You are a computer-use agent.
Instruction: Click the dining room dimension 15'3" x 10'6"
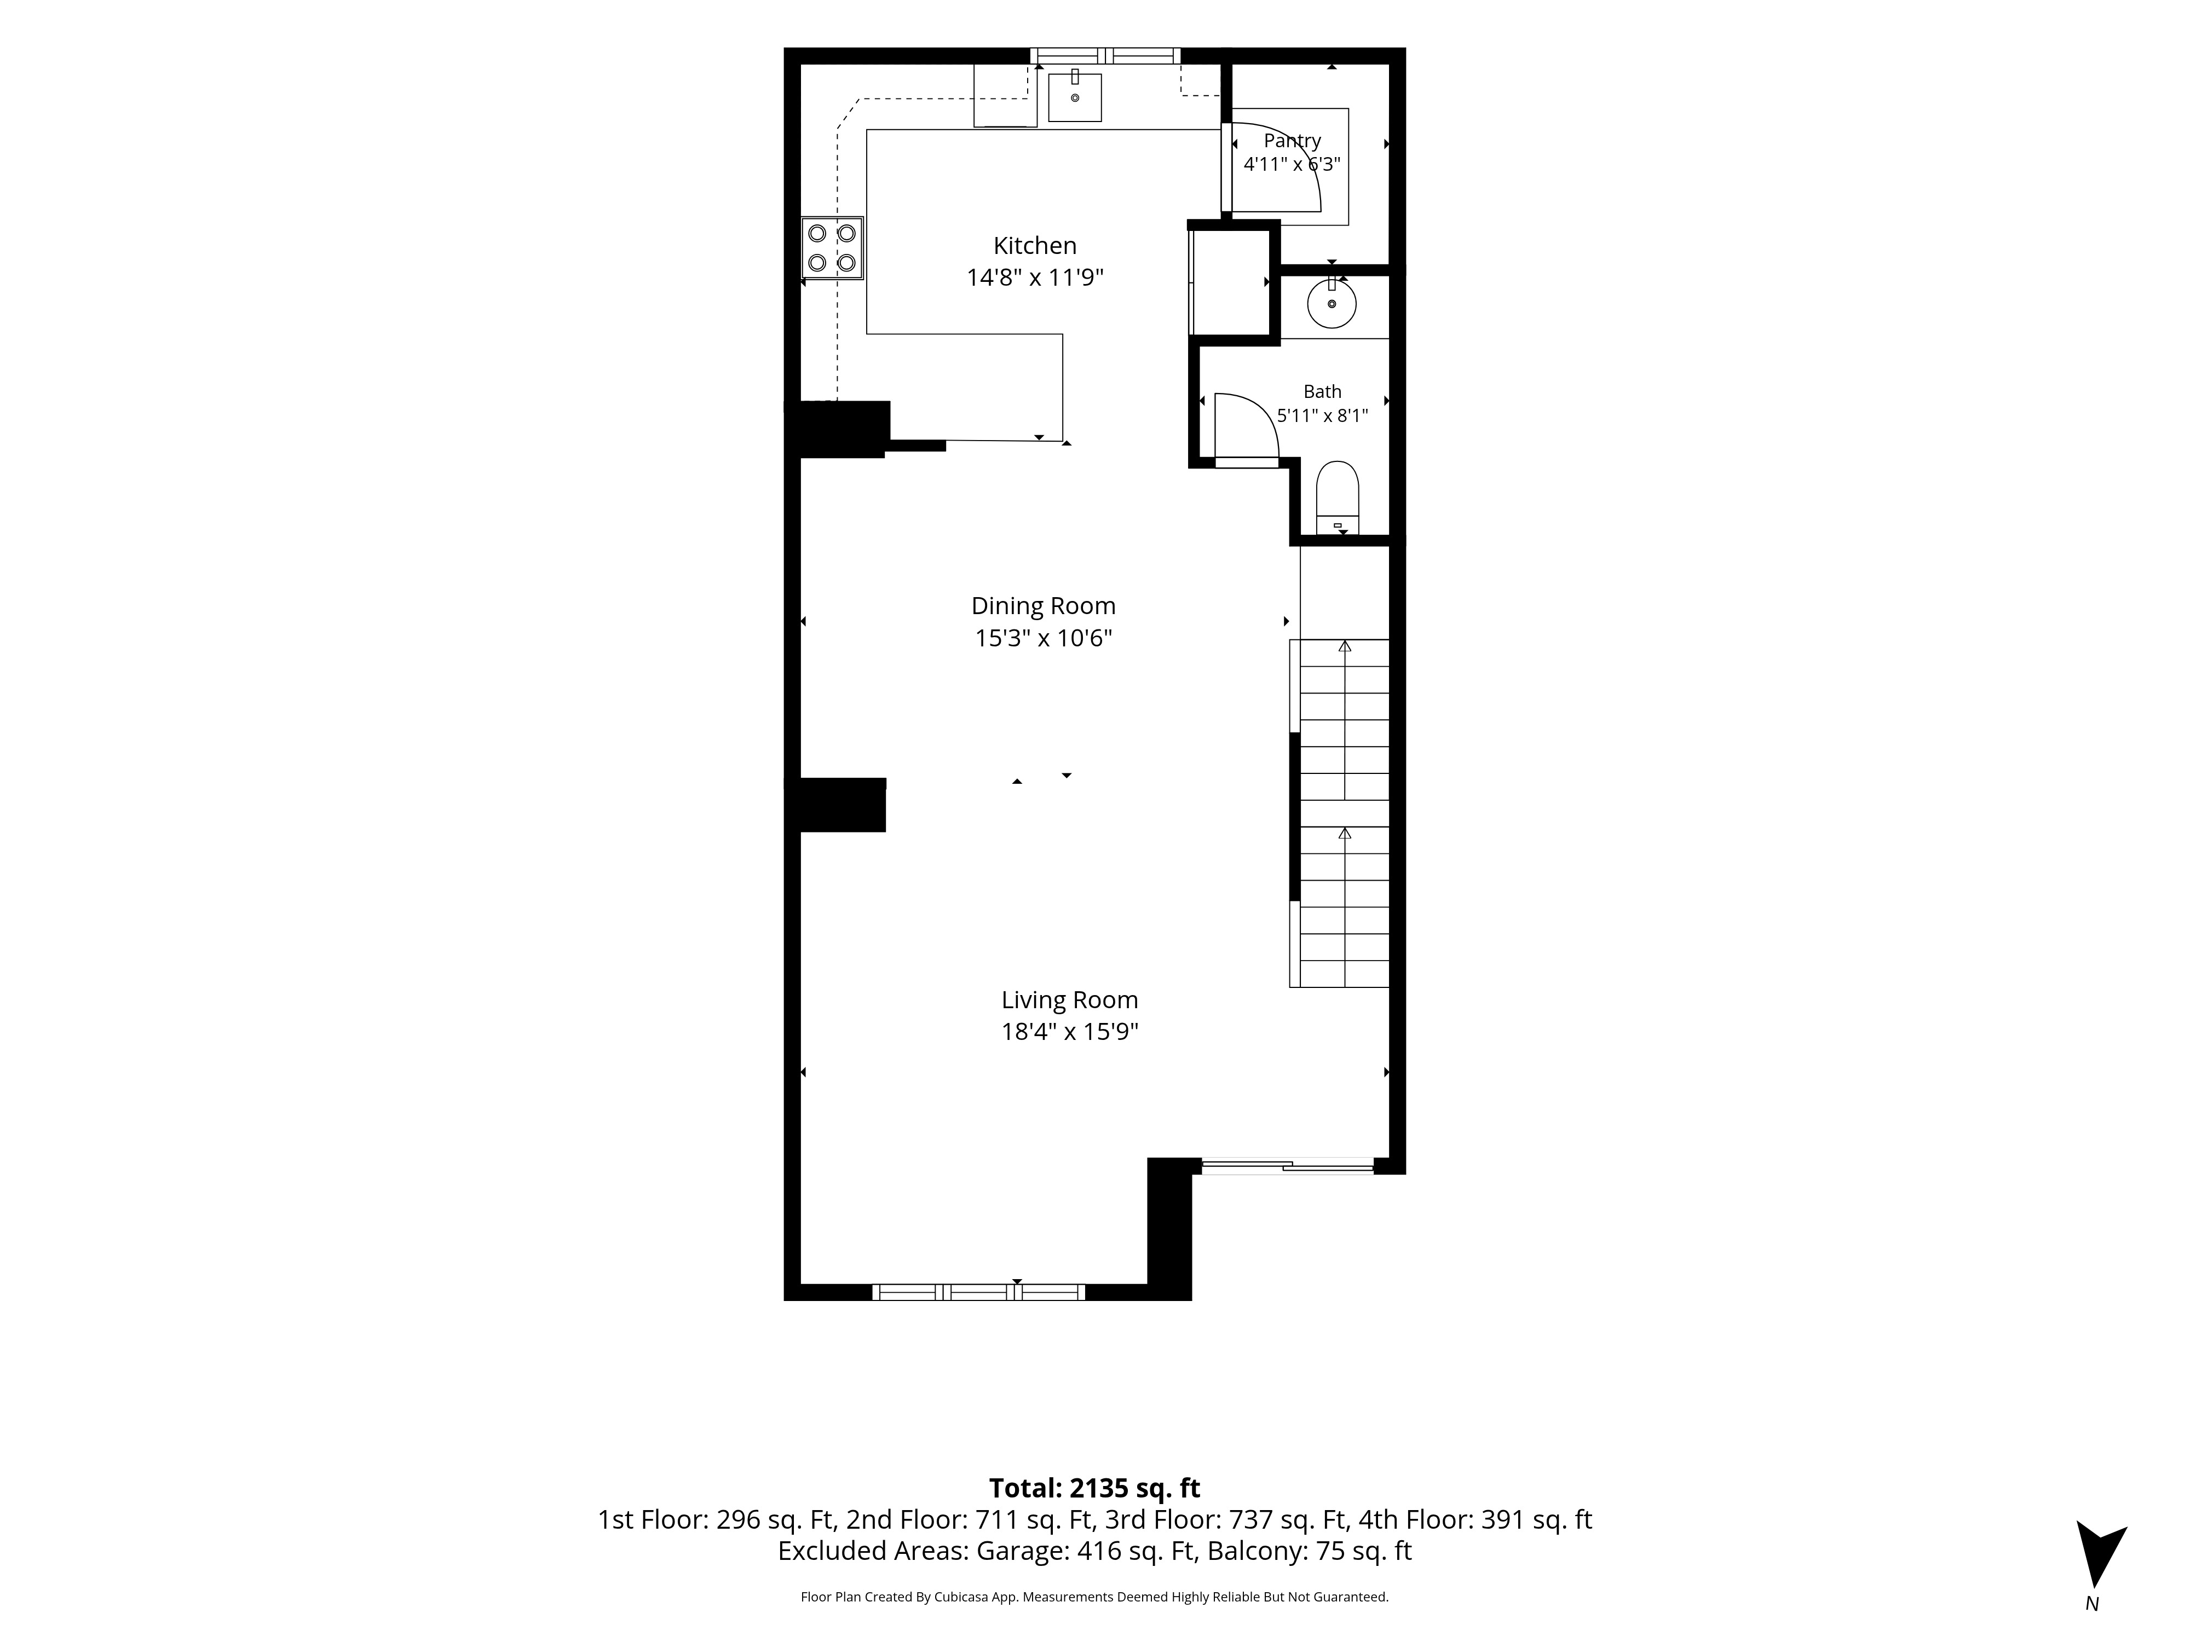tap(1044, 638)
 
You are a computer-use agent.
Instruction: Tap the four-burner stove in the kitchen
tap(832, 247)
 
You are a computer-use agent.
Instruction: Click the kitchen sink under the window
tap(1074, 96)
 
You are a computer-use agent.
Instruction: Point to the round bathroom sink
tap(1332, 304)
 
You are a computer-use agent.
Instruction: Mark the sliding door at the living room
tap(1287, 1166)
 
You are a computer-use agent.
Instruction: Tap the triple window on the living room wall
tap(978, 1292)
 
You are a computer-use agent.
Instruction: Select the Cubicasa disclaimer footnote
tap(1094, 1597)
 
